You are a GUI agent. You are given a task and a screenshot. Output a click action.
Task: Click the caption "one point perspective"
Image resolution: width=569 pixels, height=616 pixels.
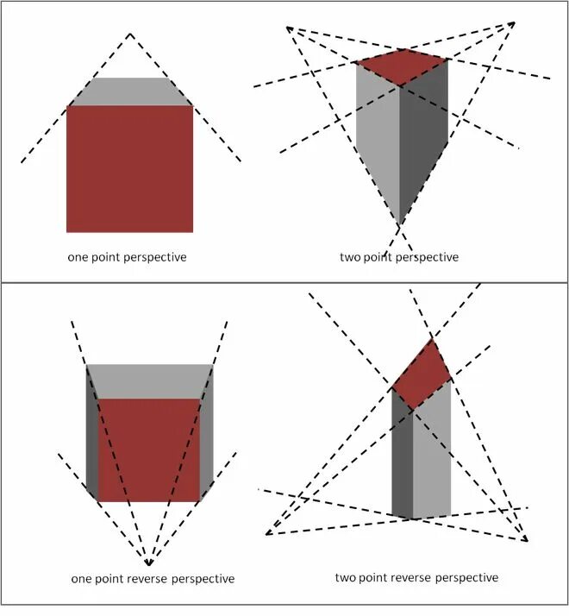pyautogui.click(x=127, y=257)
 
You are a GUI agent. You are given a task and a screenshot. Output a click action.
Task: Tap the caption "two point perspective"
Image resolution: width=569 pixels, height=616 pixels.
pyautogui.click(x=399, y=257)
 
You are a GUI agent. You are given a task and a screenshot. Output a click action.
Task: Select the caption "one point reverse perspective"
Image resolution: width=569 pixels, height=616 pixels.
pyautogui.click(x=153, y=578)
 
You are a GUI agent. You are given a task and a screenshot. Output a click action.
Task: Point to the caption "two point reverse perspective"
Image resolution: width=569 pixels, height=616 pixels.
pyautogui.click(x=416, y=576)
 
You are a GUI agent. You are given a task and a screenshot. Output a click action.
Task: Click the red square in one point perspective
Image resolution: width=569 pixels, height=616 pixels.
pyautogui.click(x=129, y=169)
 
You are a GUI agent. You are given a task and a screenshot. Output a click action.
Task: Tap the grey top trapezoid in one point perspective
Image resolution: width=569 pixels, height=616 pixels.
pyautogui.click(x=130, y=91)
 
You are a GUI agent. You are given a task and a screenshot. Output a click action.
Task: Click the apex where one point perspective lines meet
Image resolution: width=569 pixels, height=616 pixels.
pyautogui.click(x=130, y=34)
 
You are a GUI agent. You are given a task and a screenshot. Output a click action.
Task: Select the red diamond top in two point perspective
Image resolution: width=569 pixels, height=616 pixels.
pyautogui.click(x=402, y=66)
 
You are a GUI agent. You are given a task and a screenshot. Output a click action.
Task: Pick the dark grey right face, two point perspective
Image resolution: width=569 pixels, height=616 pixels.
pyautogui.click(x=423, y=138)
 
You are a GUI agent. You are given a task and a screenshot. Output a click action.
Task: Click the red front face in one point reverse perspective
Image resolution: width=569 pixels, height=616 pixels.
pyautogui.click(x=149, y=449)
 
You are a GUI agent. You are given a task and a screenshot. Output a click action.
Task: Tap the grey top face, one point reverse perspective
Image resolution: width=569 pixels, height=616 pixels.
pyautogui.click(x=149, y=380)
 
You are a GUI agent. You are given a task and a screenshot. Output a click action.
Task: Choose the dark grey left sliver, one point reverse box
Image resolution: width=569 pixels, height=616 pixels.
pyautogui.click(x=92, y=431)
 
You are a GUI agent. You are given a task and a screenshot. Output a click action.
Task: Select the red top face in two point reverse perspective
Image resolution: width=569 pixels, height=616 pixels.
pyautogui.click(x=422, y=374)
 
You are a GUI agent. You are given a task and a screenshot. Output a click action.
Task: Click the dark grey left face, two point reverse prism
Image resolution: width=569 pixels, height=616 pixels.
pyautogui.click(x=403, y=457)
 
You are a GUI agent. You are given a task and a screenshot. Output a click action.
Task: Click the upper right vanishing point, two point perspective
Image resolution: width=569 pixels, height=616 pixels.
pyautogui.click(x=514, y=22)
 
